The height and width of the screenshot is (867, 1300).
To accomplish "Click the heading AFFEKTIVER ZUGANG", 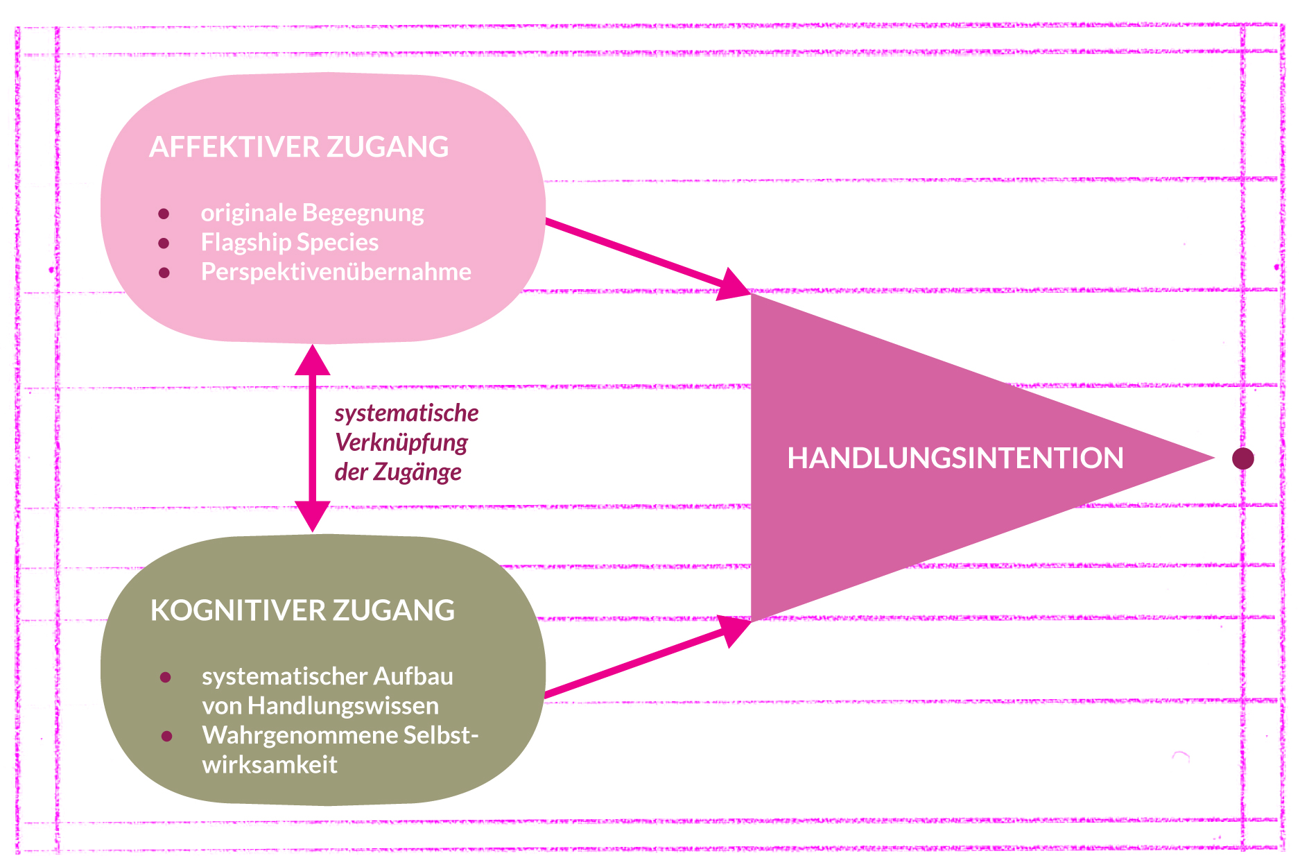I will point(299,147).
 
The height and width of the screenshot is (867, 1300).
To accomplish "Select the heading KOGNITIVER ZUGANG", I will point(302,610).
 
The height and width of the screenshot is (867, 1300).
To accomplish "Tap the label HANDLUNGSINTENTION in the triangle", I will point(955,458).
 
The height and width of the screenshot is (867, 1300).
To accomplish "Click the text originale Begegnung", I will point(312,213).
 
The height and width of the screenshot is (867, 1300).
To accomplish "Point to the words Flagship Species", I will point(290,242).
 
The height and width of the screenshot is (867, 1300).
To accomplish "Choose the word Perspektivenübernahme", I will point(336,272).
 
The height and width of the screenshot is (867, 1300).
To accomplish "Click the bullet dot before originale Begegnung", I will point(164,214).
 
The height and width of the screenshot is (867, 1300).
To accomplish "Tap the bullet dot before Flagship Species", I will point(164,243).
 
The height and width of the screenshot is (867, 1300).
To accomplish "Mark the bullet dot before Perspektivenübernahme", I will point(164,273).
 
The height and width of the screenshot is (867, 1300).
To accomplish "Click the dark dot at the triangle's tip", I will point(1242,458).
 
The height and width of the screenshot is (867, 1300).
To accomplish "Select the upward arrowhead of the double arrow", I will point(312,361).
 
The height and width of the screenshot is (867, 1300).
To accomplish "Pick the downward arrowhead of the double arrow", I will point(312,517).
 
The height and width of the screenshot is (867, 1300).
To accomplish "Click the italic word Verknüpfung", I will point(401,443).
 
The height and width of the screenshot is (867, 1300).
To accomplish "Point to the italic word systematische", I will point(406,413).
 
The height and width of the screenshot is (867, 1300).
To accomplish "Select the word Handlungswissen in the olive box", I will point(343,706).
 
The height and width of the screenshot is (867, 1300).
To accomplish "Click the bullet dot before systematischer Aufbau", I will point(165,677).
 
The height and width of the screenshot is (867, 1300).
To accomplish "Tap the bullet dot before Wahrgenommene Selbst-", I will point(166,736).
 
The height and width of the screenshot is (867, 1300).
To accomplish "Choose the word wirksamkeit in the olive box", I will point(270,764).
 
